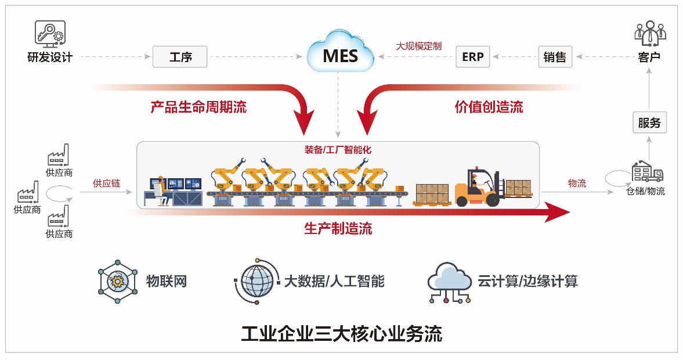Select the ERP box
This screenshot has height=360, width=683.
click(x=472, y=57)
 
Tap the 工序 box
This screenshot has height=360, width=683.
click(x=180, y=57)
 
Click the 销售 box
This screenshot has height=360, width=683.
click(x=555, y=57)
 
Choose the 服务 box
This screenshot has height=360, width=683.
click(x=649, y=123)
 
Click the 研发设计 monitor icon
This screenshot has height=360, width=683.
click(x=50, y=34)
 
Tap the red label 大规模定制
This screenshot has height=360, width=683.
click(x=418, y=45)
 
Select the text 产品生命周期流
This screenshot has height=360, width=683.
click(x=198, y=107)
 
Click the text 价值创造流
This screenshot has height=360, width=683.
click(x=489, y=107)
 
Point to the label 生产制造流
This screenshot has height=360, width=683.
click(x=338, y=229)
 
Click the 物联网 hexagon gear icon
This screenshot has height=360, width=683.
click(x=118, y=282)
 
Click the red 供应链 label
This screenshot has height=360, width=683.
click(x=107, y=183)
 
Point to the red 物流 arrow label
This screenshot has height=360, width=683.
click(x=577, y=183)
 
